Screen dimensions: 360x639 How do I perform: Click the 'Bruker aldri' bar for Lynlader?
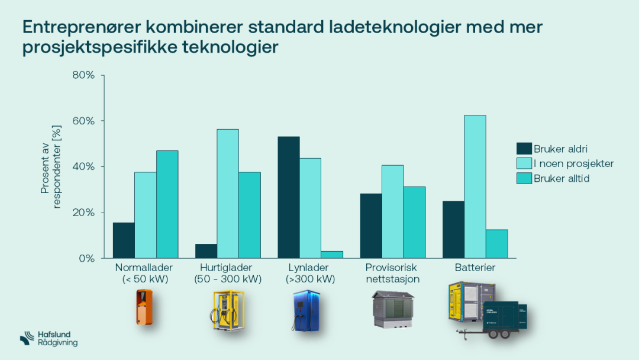point(289,197)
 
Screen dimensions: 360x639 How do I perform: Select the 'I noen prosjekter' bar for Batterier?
point(475,187)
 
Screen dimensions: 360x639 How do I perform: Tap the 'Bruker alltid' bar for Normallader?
point(167,204)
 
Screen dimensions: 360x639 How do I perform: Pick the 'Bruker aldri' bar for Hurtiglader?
point(206,251)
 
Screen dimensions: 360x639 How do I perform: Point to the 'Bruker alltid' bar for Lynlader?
point(332,255)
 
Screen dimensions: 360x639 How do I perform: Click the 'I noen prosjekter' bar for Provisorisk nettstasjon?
point(393,211)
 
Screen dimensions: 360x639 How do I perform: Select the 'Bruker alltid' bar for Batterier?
point(497,244)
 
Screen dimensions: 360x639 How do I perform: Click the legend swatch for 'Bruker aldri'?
point(524,148)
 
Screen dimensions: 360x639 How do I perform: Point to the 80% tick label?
point(83,75)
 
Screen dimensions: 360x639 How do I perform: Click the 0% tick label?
point(86,259)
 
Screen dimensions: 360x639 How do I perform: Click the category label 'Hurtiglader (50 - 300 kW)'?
point(228,274)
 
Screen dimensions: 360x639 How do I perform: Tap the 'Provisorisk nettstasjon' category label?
point(392,274)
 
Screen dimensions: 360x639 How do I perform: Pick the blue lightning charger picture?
point(305,310)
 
